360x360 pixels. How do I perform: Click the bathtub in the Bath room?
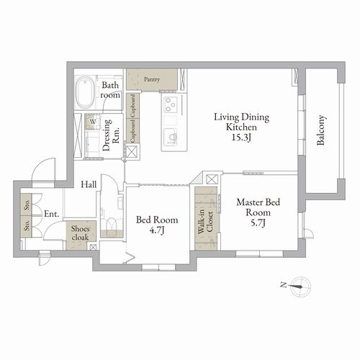point(85,91)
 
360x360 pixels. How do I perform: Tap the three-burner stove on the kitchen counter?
point(171,104)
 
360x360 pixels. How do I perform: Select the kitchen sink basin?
point(171,136)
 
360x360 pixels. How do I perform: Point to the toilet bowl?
point(111,225)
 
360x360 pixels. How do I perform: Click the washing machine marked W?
point(93,122)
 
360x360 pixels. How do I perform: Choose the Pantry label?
point(152,79)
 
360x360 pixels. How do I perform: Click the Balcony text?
point(321,130)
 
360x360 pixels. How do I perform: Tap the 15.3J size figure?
point(241,138)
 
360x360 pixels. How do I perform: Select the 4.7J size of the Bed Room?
point(157,230)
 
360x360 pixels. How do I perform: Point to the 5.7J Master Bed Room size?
point(258,223)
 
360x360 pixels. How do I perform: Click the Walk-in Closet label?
point(206,221)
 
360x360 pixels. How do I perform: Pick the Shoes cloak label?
point(80,233)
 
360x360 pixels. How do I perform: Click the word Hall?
point(89,184)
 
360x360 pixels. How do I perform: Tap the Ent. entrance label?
point(52,214)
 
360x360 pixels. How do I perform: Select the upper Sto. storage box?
point(27,204)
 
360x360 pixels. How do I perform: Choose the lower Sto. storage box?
point(27,226)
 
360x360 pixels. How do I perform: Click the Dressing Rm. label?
point(111,135)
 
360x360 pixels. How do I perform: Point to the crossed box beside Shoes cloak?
point(93,247)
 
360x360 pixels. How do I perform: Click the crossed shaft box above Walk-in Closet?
point(212,179)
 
